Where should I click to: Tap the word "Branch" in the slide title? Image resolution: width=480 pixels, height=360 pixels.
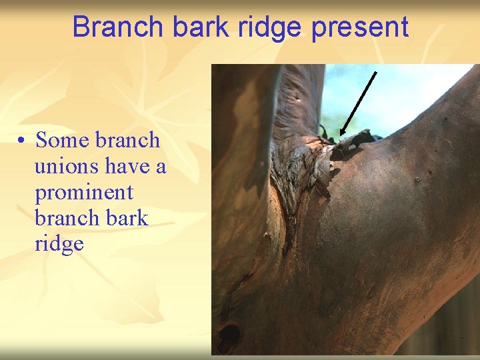click(118, 27)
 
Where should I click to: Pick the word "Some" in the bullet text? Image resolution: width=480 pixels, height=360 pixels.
click(63, 141)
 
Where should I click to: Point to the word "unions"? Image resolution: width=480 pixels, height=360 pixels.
click(67, 167)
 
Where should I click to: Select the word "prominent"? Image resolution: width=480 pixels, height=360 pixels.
click(84, 193)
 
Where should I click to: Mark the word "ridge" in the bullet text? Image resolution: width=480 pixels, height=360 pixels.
click(59, 244)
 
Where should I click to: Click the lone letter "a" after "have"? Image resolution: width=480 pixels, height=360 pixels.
click(161, 167)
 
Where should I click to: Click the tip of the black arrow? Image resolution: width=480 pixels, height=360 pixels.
click(341, 135)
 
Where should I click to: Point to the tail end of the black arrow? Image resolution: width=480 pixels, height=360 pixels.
click(377, 72)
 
